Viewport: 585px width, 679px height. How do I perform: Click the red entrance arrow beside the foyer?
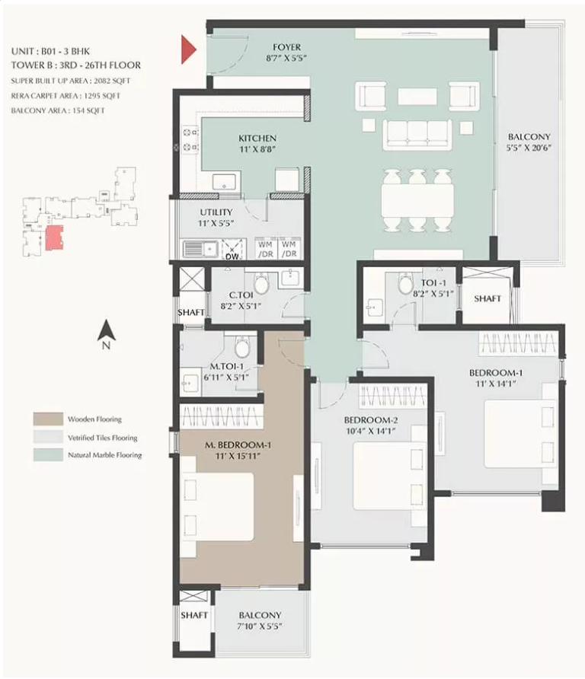(x=188, y=49)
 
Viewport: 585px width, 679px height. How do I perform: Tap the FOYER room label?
(x=286, y=46)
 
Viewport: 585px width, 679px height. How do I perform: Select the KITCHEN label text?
(x=257, y=138)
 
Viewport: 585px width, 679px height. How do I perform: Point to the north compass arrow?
(x=106, y=330)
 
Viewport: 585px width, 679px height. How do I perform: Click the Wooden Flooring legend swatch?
(x=48, y=419)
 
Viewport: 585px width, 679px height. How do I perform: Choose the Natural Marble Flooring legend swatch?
(x=48, y=454)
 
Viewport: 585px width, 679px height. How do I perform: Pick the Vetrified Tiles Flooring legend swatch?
(x=48, y=437)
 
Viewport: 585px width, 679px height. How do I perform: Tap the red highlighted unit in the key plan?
(x=54, y=237)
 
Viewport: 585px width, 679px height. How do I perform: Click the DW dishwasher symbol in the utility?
(x=232, y=250)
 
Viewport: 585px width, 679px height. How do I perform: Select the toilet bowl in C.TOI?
(x=261, y=283)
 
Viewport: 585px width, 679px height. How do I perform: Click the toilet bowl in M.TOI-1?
(x=242, y=347)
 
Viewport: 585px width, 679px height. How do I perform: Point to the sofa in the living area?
(x=417, y=135)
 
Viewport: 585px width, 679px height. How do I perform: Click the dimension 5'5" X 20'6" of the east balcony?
(x=529, y=148)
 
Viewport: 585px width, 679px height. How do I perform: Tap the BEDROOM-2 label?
(x=370, y=419)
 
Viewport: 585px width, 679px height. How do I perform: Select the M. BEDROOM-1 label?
(x=238, y=445)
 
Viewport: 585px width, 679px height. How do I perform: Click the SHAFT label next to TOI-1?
(x=487, y=298)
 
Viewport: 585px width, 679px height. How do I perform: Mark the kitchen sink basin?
(x=225, y=181)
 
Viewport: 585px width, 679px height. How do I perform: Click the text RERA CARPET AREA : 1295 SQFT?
(x=66, y=96)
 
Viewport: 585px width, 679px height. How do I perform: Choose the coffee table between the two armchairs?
(x=417, y=97)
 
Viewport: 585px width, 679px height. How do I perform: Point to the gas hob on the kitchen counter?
(x=190, y=139)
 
